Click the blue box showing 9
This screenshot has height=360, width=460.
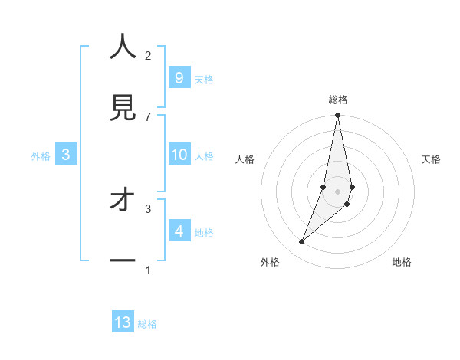click(179, 78)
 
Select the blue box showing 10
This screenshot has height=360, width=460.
click(179, 155)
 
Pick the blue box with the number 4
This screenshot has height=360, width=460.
click(179, 231)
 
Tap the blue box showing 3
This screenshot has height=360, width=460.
click(66, 155)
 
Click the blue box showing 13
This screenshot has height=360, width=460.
click(123, 322)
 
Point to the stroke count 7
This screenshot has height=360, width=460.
click(148, 116)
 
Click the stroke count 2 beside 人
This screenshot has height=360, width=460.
click(148, 55)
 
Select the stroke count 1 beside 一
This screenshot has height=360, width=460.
click(148, 270)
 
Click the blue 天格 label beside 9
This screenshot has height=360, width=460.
click(204, 80)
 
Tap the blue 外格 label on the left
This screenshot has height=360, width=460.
click(41, 156)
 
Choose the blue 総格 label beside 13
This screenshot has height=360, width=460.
click(147, 324)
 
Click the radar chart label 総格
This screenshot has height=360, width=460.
click(337, 100)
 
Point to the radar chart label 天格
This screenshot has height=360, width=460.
click(431, 159)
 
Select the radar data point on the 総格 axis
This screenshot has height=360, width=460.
click(337, 116)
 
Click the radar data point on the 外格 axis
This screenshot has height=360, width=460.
click(302, 242)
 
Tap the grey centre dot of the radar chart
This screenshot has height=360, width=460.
click(337, 191)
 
